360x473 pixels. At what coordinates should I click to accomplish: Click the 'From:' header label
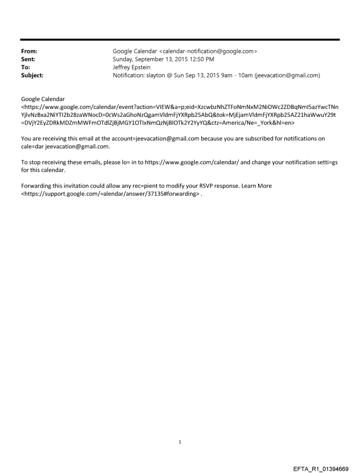[x=28, y=51]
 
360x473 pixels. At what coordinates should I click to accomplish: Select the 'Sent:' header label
[x=27, y=59]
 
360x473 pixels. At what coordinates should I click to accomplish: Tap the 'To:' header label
[x=25, y=67]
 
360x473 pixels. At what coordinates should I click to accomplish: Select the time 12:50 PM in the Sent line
[x=201, y=59]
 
